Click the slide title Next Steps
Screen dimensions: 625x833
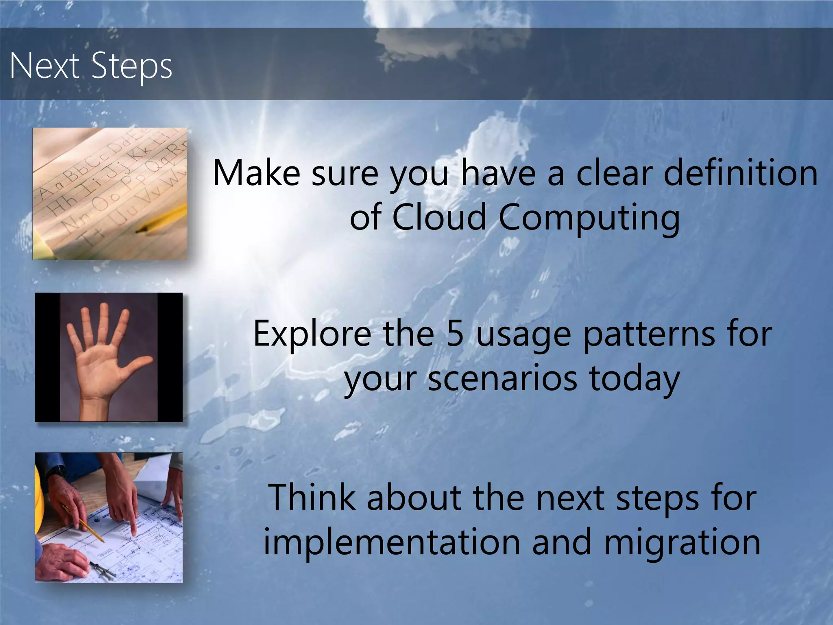(91, 66)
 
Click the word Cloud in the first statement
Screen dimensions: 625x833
(439, 217)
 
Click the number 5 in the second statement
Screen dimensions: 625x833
(455, 334)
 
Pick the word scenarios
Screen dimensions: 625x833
(502, 378)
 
